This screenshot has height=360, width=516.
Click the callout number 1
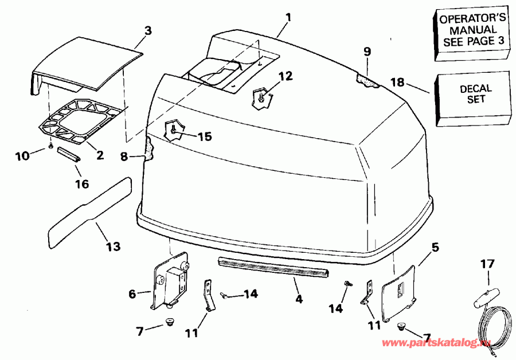coord(288,17)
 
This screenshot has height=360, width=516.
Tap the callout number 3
coord(148,32)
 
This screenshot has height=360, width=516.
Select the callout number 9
coord(367,52)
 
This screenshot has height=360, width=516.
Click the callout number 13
coord(113,246)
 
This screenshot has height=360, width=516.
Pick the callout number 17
coord(487,264)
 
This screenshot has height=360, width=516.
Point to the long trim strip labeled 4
coord(274,267)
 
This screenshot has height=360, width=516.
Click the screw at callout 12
coord(261,99)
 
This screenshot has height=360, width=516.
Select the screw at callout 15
coord(173,131)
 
